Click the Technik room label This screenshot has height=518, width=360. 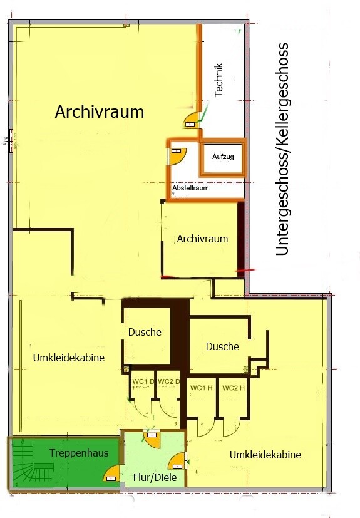(x=219, y=80)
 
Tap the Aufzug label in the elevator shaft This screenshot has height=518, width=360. (x=223, y=157)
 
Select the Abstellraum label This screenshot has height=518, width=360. (x=190, y=188)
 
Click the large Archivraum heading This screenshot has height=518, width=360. (x=100, y=111)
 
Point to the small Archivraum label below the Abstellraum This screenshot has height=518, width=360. (x=202, y=239)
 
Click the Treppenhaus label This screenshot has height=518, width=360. (x=79, y=453)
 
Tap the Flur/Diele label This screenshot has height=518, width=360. (x=155, y=477)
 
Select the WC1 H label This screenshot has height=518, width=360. (x=201, y=388)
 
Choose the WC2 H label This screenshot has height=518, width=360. (x=234, y=388)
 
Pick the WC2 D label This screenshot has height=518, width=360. (x=169, y=381)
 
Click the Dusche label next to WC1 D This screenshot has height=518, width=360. (x=145, y=332)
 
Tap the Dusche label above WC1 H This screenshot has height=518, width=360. (x=222, y=346)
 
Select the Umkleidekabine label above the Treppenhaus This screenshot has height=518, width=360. (x=69, y=358)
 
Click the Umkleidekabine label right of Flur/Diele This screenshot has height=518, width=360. (x=265, y=455)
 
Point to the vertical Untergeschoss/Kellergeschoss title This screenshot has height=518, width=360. (x=283, y=149)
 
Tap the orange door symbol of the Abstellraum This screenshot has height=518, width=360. (x=178, y=155)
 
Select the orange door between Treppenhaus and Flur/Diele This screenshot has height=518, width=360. (x=111, y=473)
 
